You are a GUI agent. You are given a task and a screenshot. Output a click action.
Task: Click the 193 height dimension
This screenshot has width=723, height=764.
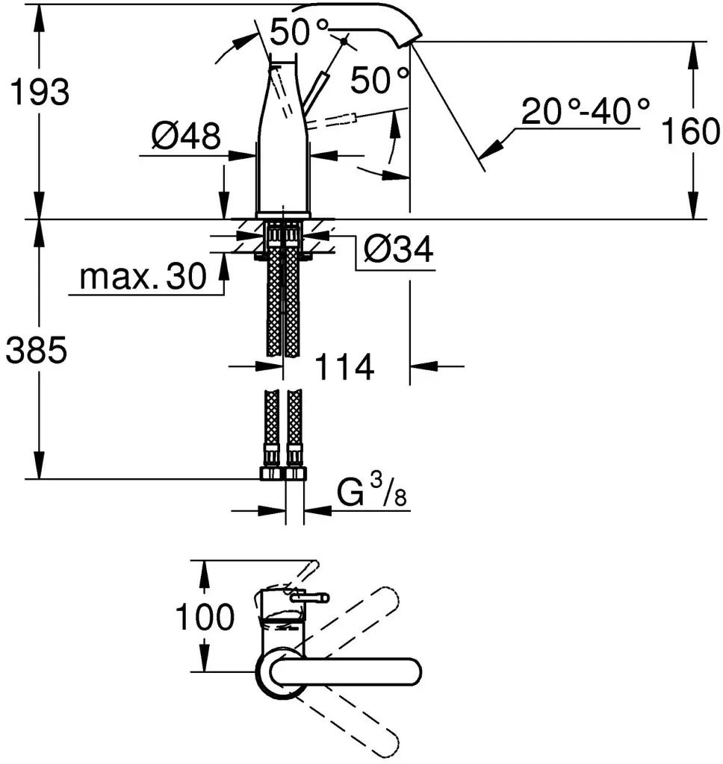click(x=40, y=92)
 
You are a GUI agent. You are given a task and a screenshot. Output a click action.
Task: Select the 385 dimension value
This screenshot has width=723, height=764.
click(x=36, y=349)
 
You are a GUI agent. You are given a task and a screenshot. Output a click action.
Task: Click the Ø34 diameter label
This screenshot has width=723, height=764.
click(x=399, y=249)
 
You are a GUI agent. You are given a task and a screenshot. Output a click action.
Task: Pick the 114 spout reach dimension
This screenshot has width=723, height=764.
click(x=345, y=366)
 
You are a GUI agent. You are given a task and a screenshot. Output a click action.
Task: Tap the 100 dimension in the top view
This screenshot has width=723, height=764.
click(x=205, y=616)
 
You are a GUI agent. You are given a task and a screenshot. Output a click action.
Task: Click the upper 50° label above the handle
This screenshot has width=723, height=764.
click(x=299, y=31)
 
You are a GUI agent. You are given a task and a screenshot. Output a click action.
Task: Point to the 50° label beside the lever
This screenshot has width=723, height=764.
click(x=379, y=80)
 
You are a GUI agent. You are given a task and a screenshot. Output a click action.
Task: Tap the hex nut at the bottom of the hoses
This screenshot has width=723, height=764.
click(x=283, y=474)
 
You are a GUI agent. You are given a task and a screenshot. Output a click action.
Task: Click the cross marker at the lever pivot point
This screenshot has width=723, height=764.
click(x=344, y=41)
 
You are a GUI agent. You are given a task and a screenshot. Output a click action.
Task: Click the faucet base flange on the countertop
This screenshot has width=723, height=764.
click(x=283, y=215)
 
